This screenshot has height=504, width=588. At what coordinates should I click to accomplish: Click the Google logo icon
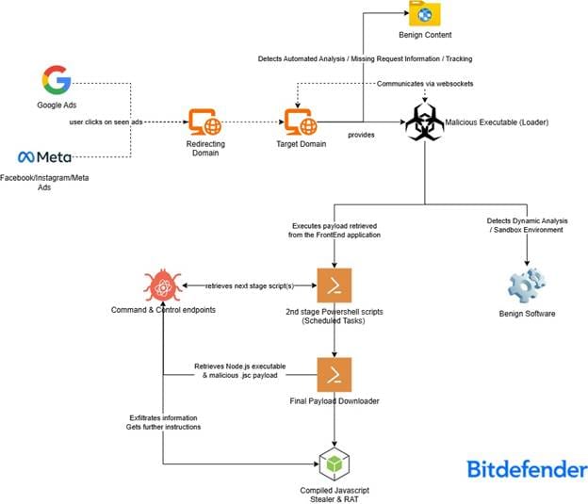click(57, 80)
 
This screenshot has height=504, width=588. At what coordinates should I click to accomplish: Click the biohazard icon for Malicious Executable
click(423, 122)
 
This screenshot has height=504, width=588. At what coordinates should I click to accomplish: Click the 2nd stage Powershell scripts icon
click(334, 285)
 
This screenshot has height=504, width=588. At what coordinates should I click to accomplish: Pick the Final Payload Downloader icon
click(334, 376)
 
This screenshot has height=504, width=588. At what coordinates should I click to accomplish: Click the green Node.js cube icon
click(334, 463)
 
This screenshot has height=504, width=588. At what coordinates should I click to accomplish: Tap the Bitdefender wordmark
click(521, 468)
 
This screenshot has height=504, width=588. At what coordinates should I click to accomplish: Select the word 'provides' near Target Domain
click(362, 134)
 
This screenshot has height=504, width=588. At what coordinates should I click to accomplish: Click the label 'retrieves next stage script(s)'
click(249, 285)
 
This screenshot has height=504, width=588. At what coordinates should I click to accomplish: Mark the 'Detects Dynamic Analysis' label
click(526, 220)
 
